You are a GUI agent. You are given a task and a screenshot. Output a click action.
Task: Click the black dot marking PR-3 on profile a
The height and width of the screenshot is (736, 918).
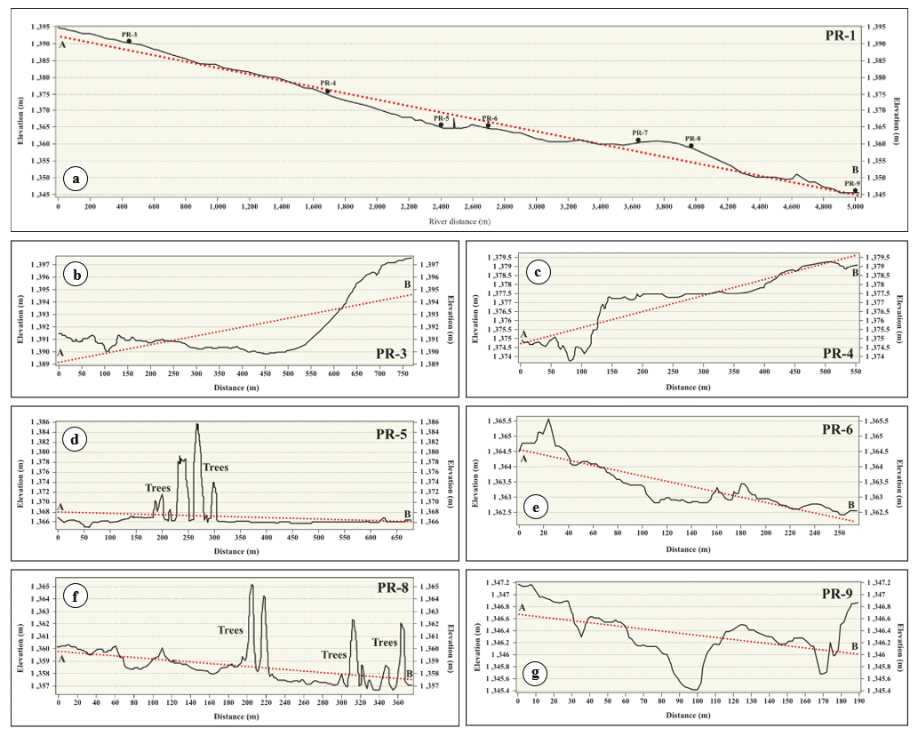129,41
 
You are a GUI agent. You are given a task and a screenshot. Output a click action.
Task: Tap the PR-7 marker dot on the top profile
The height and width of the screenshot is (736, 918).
638,140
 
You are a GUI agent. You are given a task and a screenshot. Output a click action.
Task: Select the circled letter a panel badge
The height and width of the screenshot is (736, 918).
76,179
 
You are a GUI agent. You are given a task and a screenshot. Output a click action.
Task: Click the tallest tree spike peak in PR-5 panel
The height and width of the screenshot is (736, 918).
196,425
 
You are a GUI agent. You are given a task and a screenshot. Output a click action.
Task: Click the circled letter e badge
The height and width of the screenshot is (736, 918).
534,508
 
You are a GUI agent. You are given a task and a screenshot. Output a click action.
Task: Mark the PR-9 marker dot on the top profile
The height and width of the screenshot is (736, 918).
855,190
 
